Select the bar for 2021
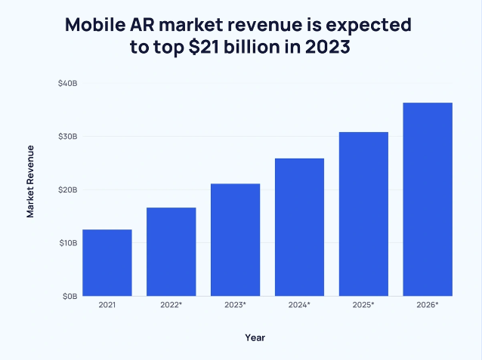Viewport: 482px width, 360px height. coord(107,263)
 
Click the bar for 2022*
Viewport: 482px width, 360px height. coord(171,251)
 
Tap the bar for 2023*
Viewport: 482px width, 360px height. coord(235,240)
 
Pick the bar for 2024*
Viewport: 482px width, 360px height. coord(299,227)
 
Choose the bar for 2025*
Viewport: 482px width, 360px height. coord(363,214)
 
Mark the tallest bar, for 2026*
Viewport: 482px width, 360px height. coord(428,199)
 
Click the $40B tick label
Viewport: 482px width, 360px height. coord(67,83)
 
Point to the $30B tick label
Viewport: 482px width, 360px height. coord(67,137)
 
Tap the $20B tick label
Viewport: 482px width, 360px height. coord(67,189)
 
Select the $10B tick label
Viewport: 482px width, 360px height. coord(67,243)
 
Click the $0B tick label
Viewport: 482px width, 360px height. coord(70,297)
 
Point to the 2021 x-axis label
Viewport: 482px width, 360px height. coord(107,306)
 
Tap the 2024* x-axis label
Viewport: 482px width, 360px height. coord(299,306)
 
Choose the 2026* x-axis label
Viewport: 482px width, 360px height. coord(428,306)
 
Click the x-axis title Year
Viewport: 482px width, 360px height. coord(255,337)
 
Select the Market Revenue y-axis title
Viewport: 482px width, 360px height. coord(31,181)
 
